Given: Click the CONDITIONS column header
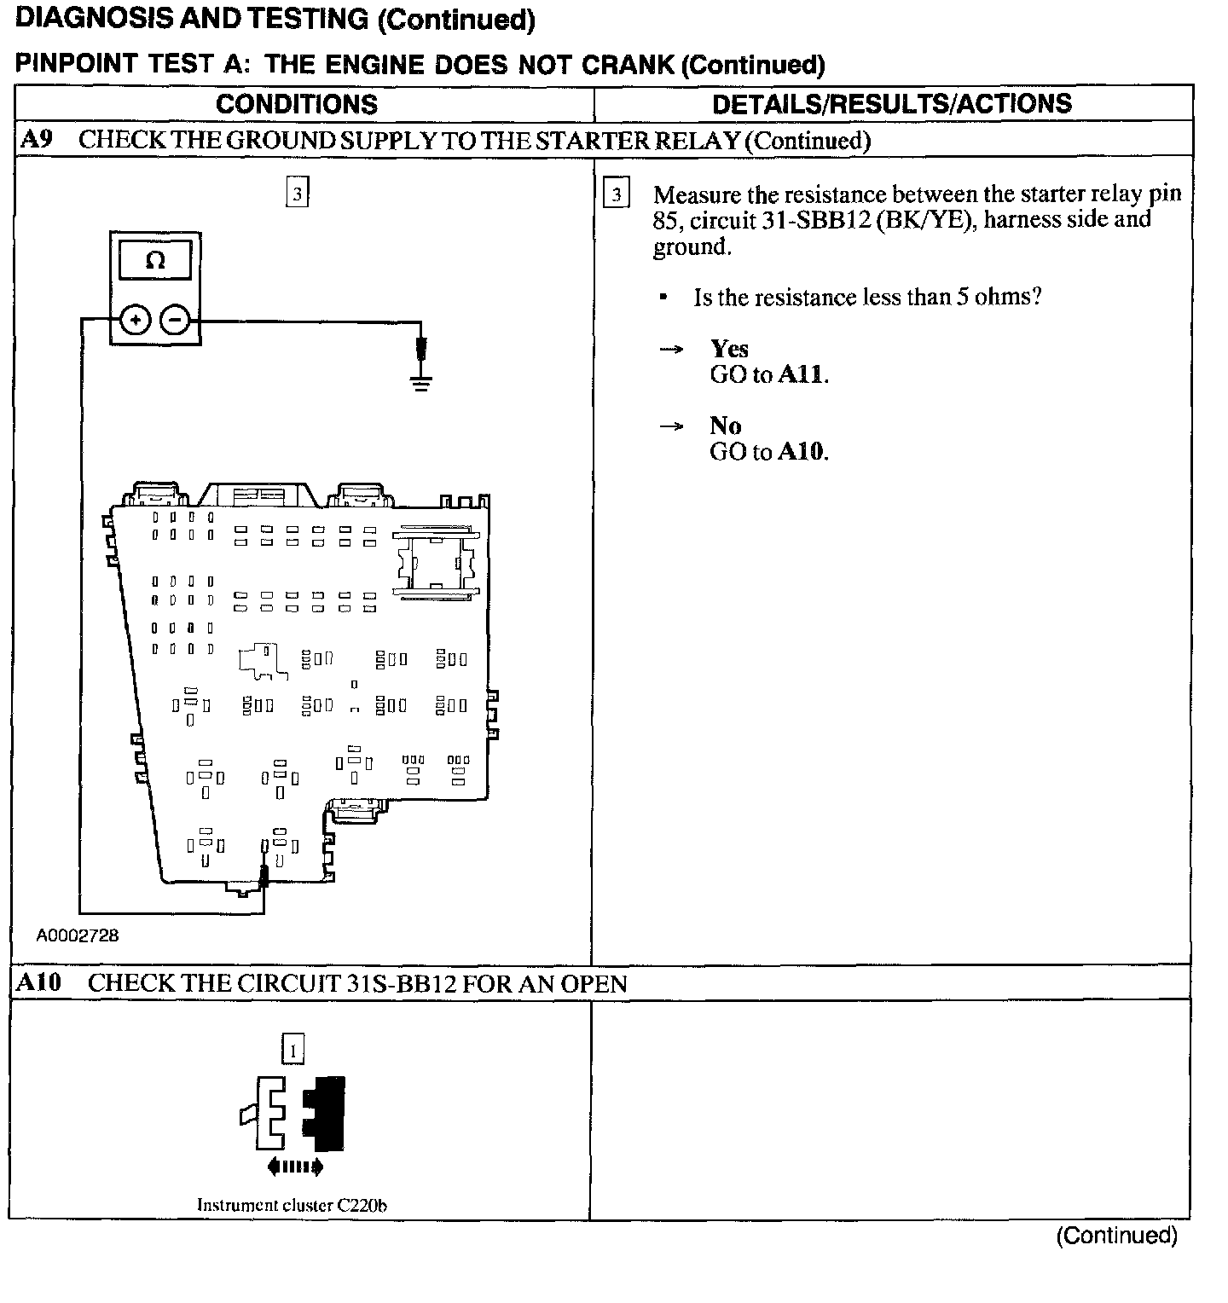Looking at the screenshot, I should (297, 104).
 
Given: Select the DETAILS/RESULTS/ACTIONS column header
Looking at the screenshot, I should (892, 103).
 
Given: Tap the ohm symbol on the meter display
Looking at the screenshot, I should (155, 260).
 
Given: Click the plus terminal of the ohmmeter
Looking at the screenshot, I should (136, 321).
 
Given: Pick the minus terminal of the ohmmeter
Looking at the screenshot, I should (175, 321).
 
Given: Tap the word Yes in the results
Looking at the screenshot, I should (729, 349).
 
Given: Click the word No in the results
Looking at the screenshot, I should (725, 426).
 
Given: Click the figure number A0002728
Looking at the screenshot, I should (78, 935).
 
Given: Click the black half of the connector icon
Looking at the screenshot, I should (325, 1112).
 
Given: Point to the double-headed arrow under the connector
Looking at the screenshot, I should (294, 1166).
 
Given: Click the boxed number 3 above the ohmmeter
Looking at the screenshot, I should (297, 194).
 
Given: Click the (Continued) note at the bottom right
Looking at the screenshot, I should (1116, 1236).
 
